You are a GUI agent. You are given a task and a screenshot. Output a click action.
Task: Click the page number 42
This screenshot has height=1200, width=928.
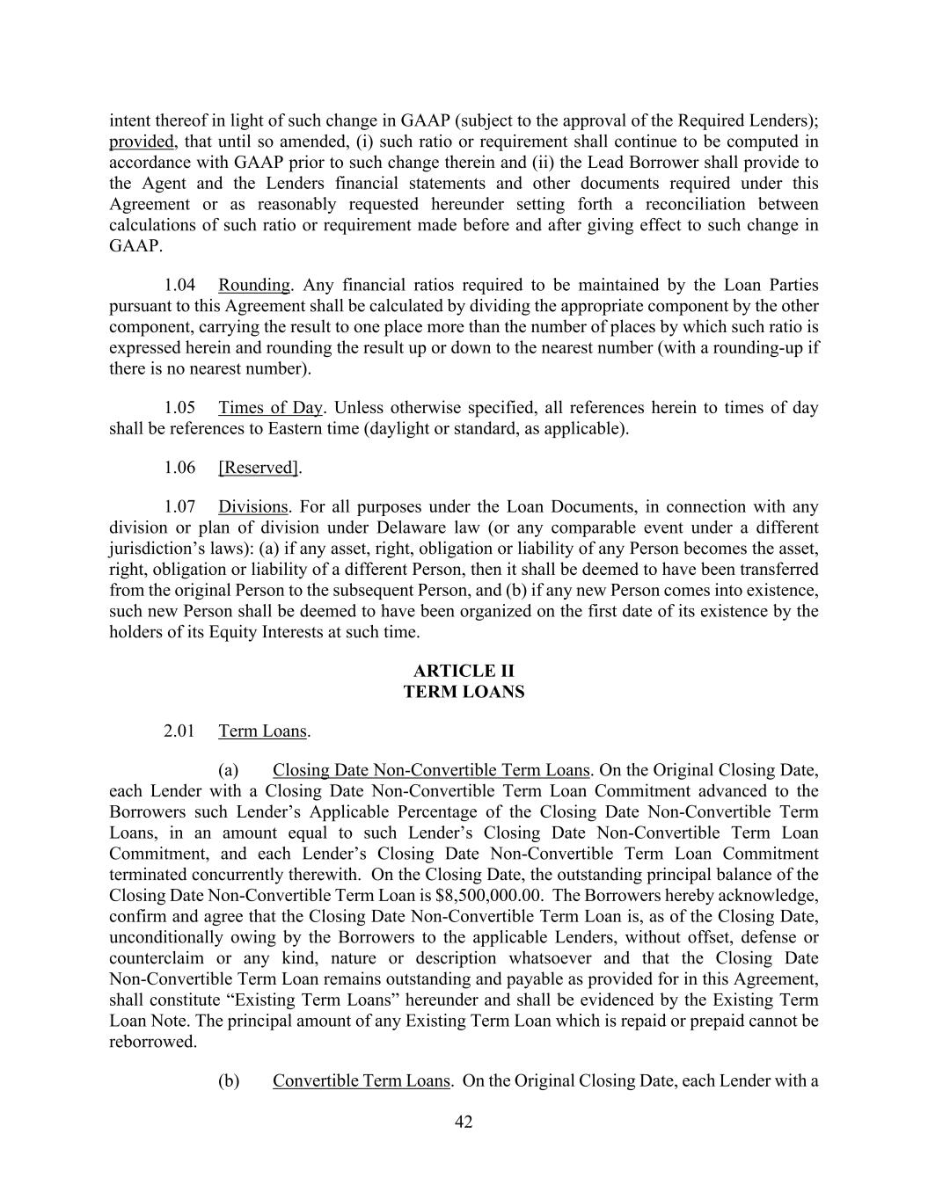click(464, 1122)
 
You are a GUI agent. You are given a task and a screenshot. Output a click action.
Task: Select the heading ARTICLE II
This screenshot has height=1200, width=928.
click(464, 672)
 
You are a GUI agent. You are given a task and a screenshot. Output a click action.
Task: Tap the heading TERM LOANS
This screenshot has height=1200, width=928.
click(464, 692)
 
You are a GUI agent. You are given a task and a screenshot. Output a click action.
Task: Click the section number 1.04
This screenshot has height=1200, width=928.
click(179, 285)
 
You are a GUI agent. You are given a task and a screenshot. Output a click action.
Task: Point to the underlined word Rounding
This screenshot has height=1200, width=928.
click(253, 285)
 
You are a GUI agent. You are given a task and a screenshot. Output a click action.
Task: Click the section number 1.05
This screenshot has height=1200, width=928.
click(179, 408)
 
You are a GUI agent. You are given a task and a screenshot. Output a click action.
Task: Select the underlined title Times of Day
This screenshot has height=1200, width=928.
click(270, 408)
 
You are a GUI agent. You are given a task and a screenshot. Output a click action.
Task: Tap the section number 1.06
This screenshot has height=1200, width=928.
click(179, 468)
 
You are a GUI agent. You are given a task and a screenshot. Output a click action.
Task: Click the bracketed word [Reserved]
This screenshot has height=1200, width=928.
click(259, 468)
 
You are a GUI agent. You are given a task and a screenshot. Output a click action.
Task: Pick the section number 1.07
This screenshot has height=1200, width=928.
click(179, 507)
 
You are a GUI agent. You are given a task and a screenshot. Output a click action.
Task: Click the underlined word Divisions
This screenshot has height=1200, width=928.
click(252, 507)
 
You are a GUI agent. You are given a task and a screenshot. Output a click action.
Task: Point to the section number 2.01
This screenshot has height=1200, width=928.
click(179, 731)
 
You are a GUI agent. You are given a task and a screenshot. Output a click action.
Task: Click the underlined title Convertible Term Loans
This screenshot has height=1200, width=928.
click(361, 1080)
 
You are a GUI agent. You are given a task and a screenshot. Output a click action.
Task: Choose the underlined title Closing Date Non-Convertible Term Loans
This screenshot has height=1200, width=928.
click(430, 771)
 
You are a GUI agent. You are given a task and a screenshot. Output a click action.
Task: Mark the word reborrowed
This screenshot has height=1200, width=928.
click(152, 1042)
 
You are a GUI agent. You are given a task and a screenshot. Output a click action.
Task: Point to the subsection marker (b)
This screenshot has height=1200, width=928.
click(229, 1080)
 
